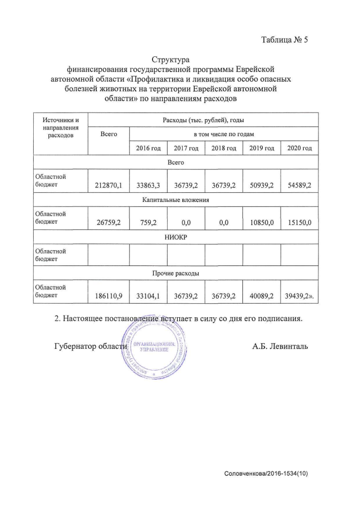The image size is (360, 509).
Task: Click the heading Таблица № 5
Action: [285, 40]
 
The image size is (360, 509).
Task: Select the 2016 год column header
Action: [148, 148]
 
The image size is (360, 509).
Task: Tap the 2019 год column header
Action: [262, 148]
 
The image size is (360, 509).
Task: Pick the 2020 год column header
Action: [299, 148]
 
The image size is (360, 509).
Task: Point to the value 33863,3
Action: [148, 184]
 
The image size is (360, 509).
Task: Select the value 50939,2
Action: [262, 184]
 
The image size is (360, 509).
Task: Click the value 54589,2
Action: [299, 184]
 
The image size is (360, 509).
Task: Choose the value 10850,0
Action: [262, 223]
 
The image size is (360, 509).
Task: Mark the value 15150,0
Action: [299, 223]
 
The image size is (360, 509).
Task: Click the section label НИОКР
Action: [176, 237]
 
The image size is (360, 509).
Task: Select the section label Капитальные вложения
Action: [176, 200]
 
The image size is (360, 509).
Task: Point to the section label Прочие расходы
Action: [176, 274]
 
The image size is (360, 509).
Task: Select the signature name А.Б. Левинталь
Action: [280, 346]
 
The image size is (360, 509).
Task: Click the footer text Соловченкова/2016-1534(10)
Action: [266, 474]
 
